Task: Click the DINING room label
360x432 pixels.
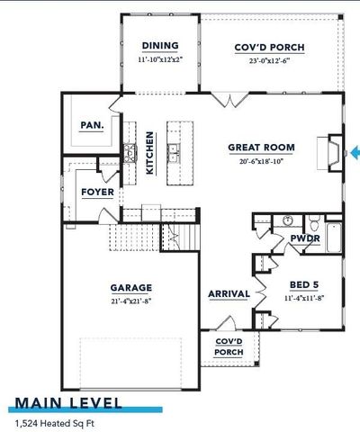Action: click(160, 46)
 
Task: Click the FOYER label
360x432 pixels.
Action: click(96, 192)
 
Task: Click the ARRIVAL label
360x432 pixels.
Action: click(229, 293)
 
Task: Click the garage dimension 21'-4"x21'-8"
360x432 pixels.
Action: click(130, 302)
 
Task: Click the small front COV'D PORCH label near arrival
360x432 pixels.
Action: click(229, 346)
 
